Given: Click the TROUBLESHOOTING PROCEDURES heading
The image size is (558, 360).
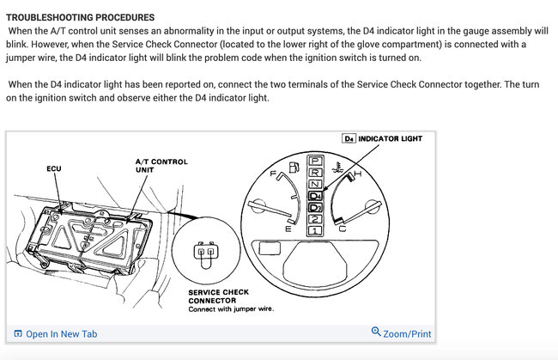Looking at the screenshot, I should coord(81,17).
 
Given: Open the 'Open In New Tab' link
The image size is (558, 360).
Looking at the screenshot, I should coord(61,333).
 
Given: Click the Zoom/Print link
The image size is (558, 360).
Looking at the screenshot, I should coord(407,333).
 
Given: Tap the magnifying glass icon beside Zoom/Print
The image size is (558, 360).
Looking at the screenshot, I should coord(376,332).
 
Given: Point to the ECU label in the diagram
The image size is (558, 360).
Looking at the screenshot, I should coord(53,168).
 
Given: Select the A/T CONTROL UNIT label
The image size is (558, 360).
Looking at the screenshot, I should coord(161,166).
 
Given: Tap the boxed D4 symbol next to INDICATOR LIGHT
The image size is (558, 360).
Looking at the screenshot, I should coord(349,138).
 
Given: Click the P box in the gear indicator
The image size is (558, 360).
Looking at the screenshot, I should coord(316,162).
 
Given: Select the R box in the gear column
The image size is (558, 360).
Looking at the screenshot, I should coord(316,173).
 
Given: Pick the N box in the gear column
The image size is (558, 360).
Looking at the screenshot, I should coord(316,184).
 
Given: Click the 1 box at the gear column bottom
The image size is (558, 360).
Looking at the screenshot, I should coord(316,230).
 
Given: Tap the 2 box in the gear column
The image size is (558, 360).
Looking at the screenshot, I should coord(316,219).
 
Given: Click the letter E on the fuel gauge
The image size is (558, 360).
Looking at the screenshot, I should coord(288,230).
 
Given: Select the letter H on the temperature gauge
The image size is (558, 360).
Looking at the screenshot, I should coord(358,174).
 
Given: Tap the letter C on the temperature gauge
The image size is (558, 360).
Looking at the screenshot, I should coord(343,230).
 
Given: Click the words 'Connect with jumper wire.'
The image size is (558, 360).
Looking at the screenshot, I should coord(231,309).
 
